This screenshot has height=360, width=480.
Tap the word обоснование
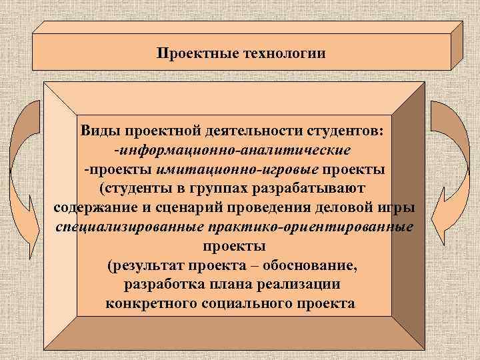pyautogui.click(x=307, y=267)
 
